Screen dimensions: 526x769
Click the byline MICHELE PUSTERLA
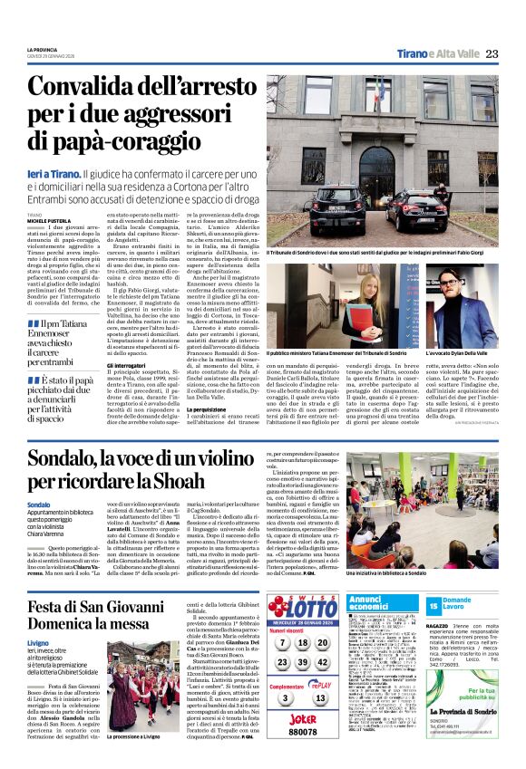point(51,219)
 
